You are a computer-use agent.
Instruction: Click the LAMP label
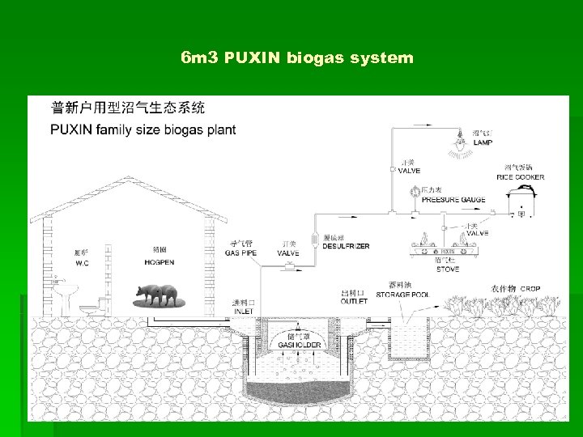point(483,142)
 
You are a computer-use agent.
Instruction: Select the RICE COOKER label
point(520,177)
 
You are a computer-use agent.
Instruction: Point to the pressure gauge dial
point(414,193)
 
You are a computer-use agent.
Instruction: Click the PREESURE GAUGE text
point(453,199)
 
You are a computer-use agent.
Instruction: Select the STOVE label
point(447,269)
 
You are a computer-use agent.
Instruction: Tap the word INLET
point(244,311)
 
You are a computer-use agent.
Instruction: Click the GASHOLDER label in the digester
point(299,346)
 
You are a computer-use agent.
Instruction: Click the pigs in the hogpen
point(159,295)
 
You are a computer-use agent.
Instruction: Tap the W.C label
point(82,263)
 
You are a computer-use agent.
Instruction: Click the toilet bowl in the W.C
point(87,306)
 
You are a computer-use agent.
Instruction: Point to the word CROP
point(530,288)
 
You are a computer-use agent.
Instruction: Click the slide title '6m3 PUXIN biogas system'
point(297,58)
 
